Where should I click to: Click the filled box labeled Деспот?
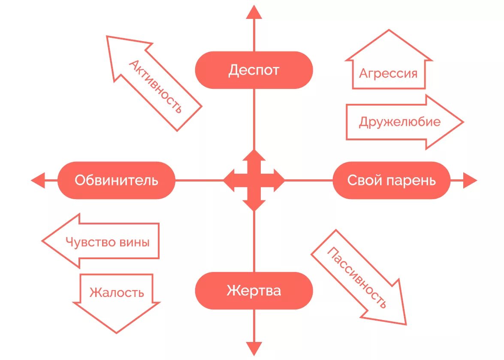tap(254, 70)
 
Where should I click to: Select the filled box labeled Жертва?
tap(254, 290)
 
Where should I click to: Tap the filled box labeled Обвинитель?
tap(116, 180)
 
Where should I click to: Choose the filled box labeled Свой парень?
tap(391, 180)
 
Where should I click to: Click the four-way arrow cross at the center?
tap(254, 180)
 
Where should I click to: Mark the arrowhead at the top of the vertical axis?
tap(254, 12)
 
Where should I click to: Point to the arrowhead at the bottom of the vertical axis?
tap(254, 348)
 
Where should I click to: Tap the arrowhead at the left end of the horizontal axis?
tap(38, 180)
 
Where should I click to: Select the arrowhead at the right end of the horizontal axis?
tap(470, 180)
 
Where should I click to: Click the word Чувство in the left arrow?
tap(90, 242)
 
